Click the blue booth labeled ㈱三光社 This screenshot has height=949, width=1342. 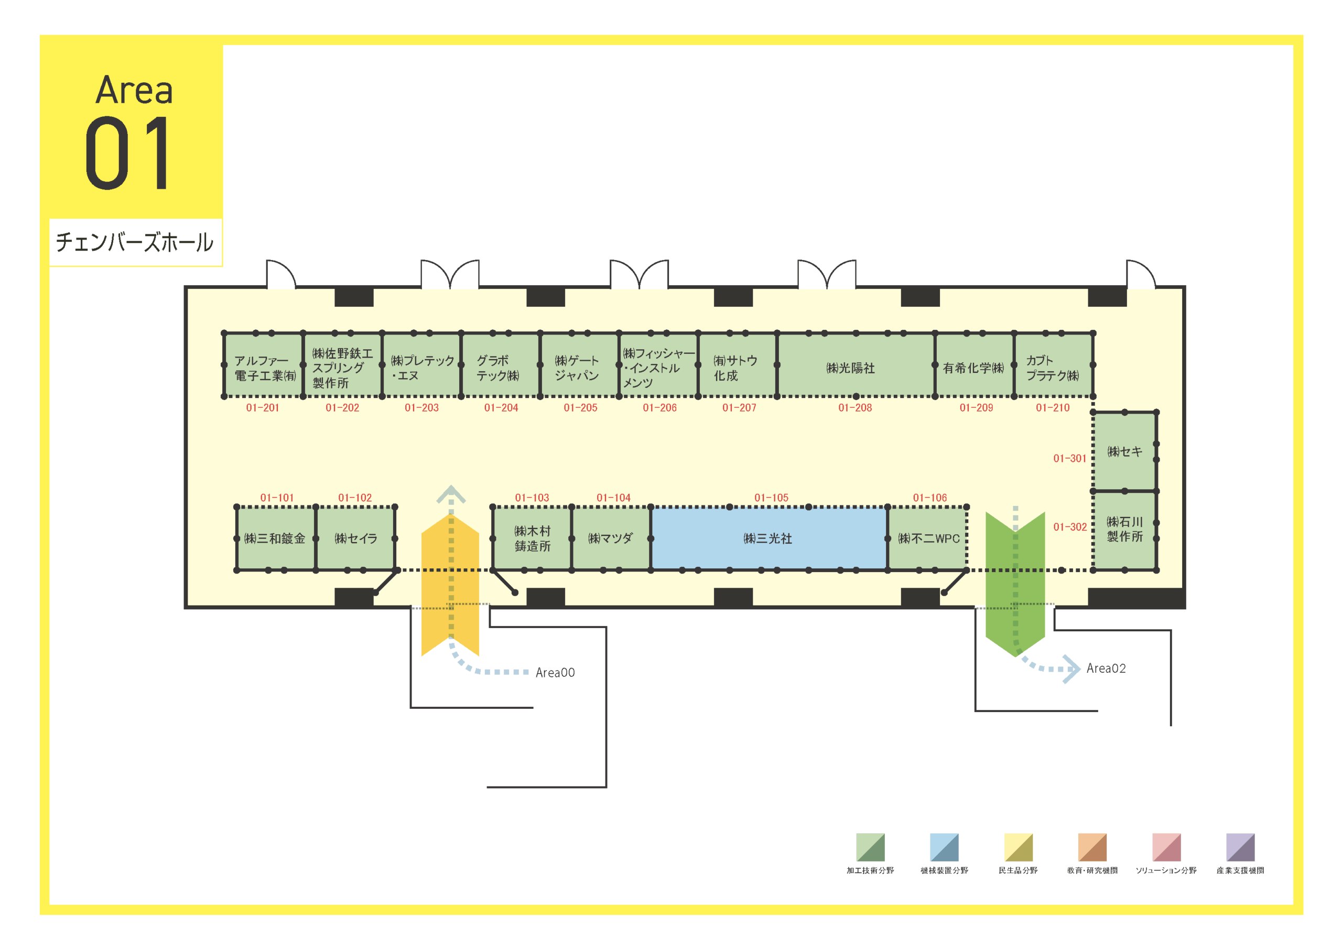point(769,538)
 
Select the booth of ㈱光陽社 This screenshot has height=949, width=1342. point(856,365)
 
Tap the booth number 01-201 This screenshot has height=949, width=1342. point(263,407)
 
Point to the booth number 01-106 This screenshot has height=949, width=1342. point(930,498)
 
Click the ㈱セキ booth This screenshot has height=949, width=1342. point(1124,451)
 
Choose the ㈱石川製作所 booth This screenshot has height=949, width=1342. point(1124,531)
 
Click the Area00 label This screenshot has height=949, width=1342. point(555,673)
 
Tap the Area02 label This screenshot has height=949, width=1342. point(1106,668)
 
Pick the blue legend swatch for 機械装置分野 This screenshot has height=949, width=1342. point(944,847)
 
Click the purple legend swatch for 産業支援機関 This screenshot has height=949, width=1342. point(1240,847)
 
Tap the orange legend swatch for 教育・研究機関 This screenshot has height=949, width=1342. point(1092,847)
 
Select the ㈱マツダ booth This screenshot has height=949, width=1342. point(611,538)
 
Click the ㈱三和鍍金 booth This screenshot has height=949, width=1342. point(276,538)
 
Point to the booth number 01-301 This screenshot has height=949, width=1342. point(1069,458)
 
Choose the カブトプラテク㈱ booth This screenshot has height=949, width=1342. point(1053,365)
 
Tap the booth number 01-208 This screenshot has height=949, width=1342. point(855,407)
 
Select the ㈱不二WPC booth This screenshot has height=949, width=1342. point(927,538)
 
